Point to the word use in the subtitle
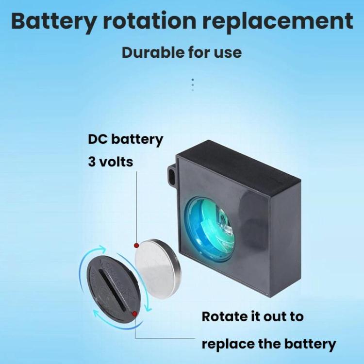pos(225,52)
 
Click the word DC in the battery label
pos(98,139)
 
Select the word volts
pos(116,162)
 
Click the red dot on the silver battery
pos(136,245)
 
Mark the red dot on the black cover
pos(134,314)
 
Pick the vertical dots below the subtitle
pos(193,84)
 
